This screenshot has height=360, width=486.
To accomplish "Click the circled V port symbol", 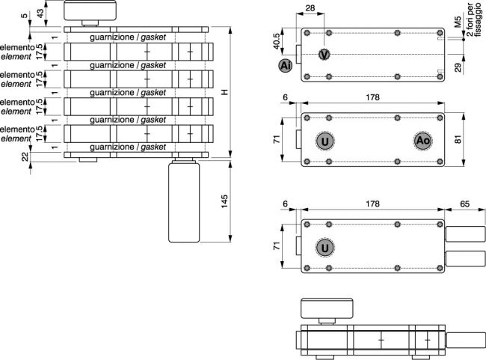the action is pos(324,55).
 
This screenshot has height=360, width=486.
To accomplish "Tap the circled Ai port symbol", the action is pos(285,66).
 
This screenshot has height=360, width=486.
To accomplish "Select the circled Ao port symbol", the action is pos(422,141).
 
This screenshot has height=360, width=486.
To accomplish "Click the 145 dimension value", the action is pos(224,201).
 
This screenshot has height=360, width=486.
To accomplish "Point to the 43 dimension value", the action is pos(40,13).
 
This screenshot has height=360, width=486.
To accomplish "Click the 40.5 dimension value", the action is pos(276,40).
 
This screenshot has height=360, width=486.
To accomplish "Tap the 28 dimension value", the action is pos(310,7).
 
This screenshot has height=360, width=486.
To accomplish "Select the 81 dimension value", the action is pos(458,139).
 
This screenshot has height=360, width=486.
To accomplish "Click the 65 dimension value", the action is pos(464,204).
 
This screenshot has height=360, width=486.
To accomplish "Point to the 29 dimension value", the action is pos(458,67).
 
